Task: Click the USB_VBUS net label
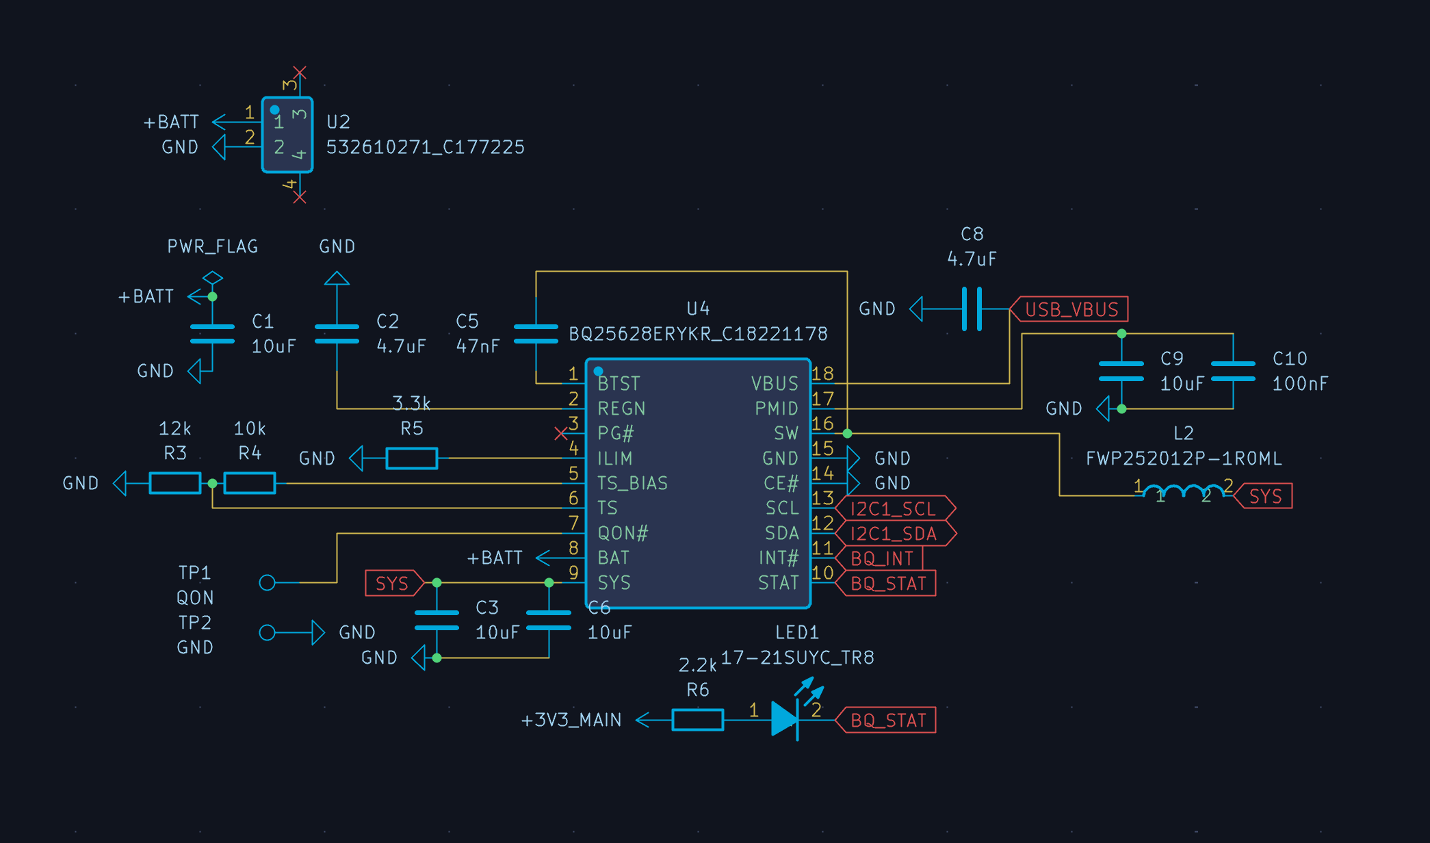[1069, 309]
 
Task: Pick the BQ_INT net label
[879, 558]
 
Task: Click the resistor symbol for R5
[411, 458]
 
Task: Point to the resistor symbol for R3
[175, 483]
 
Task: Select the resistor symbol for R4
[250, 483]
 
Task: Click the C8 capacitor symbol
[972, 309]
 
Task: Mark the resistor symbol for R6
[698, 720]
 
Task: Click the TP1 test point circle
[268, 582]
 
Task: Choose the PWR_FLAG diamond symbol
[213, 278]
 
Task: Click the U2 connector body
[287, 135]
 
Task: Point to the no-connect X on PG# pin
[560, 433]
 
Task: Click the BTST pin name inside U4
[619, 383]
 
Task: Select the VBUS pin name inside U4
[775, 383]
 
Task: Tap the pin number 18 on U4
[822, 374]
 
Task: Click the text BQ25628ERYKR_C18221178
[698, 334]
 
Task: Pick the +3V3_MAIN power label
[571, 720]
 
